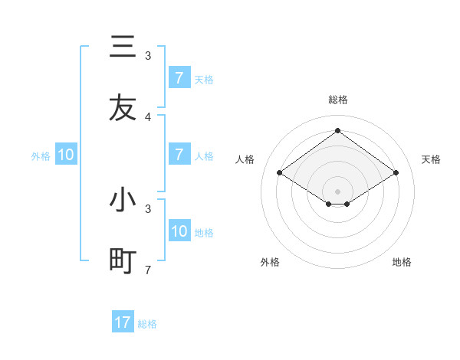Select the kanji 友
click(x=122, y=108)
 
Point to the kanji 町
click(x=122, y=261)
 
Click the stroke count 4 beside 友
click(x=148, y=117)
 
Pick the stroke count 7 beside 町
click(x=148, y=270)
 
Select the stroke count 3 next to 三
click(x=148, y=55)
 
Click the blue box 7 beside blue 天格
click(x=179, y=78)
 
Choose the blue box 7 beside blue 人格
click(x=179, y=155)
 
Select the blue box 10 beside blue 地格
click(x=179, y=231)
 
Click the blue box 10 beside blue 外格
click(x=66, y=155)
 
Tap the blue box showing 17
click(x=122, y=322)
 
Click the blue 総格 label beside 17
click(x=147, y=324)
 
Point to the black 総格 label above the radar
click(x=337, y=100)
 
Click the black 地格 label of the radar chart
click(x=402, y=262)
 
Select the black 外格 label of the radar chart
click(x=270, y=262)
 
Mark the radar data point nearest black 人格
click(x=280, y=173)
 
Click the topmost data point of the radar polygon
click(x=337, y=130)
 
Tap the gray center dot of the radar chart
click(x=337, y=191)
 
